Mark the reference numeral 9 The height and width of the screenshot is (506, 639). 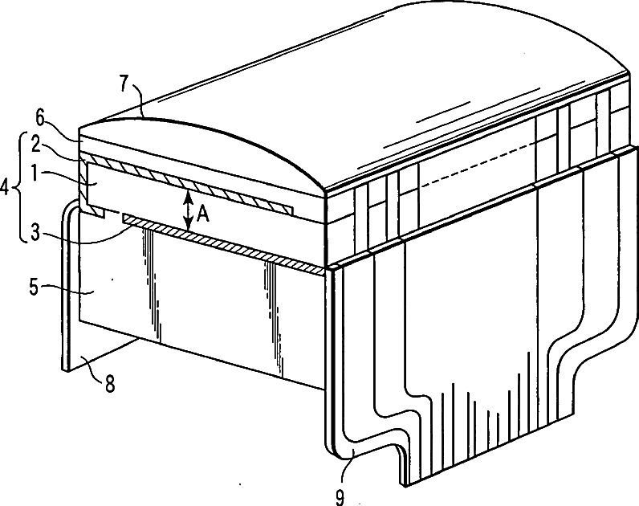click(x=340, y=497)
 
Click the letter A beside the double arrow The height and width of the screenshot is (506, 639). click(x=206, y=214)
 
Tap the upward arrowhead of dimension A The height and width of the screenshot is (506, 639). click(x=186, y=194)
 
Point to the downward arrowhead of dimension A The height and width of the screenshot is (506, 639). click(x=186, y=229)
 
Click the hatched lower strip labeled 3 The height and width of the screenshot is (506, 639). click(x=225, y=244)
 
